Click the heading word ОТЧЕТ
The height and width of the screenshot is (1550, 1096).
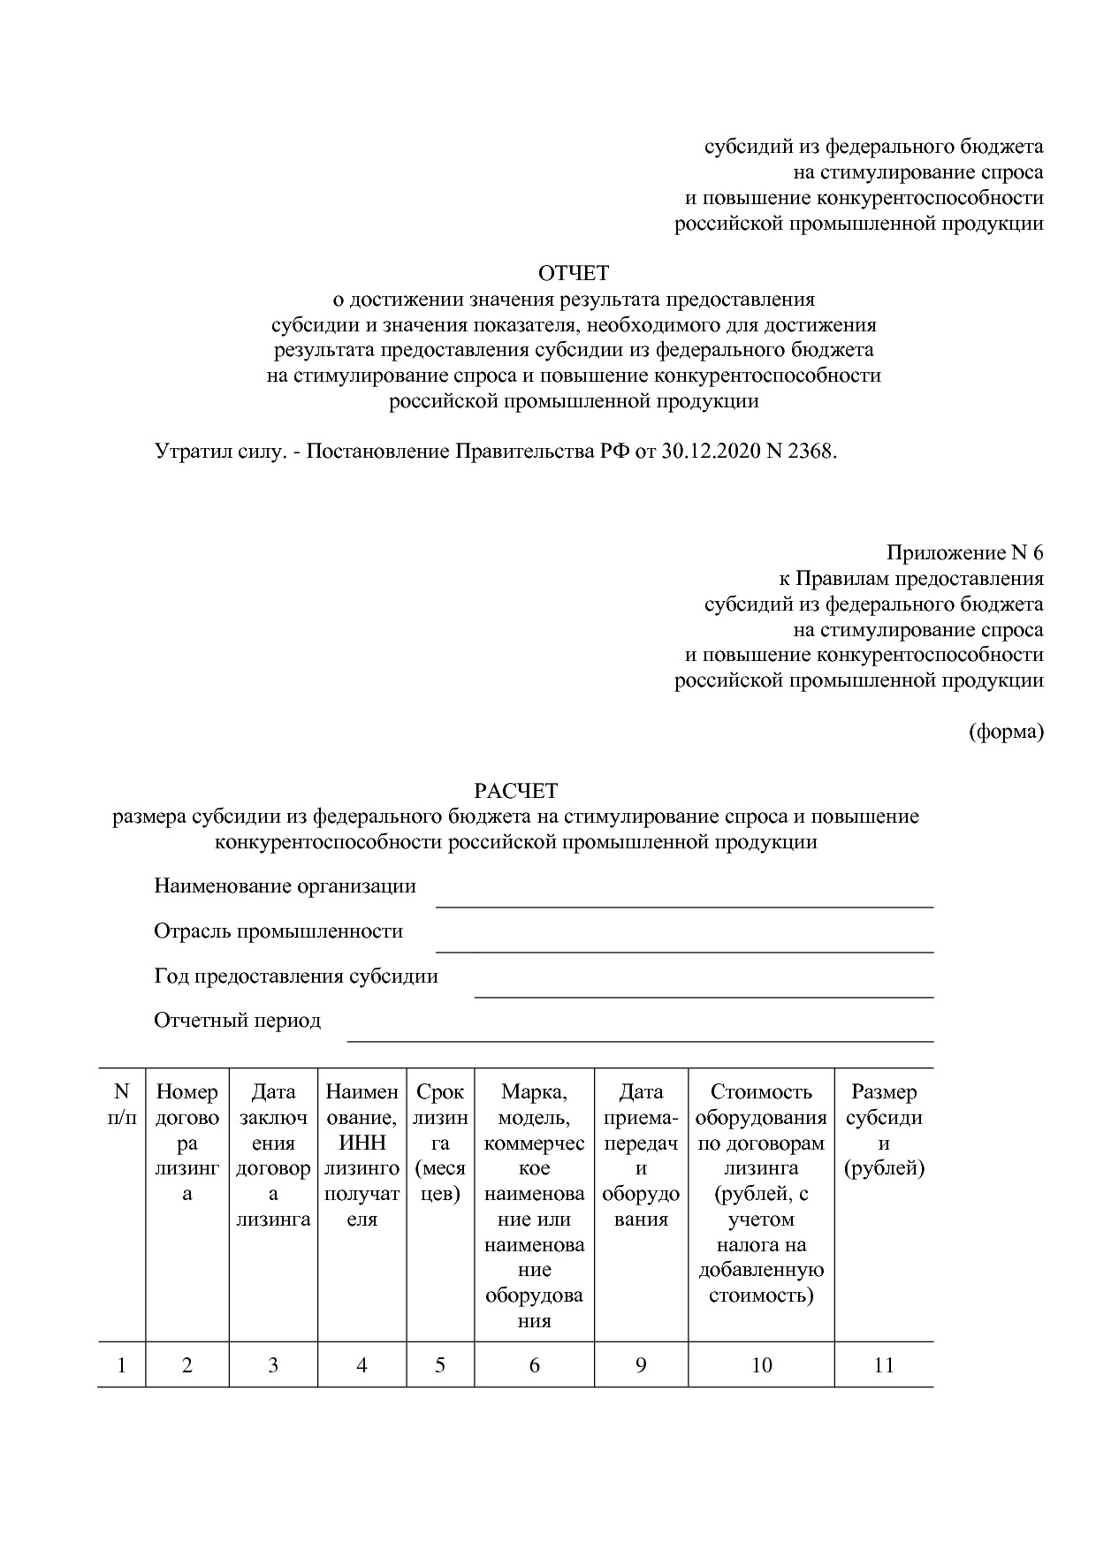click(x=574, y=273)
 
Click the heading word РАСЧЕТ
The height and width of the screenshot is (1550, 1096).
click(x=516, y=790)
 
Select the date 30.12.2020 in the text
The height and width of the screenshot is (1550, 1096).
click(x=709, y=452)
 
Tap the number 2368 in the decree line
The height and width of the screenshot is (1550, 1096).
click(x=810, y=452)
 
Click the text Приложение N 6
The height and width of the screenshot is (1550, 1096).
click(x=964, y=553)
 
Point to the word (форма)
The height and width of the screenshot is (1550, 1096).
click(x=1006, y=732)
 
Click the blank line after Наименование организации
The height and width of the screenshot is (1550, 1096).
click(x=684, y=898)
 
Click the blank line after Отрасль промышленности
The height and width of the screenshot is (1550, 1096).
click(x=684, y=943)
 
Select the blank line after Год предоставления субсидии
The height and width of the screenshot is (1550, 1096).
click(x=704, y=988)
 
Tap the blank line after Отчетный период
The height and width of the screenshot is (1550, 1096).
click(x=640, y=1032)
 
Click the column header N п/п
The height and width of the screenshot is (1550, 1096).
click(x=122, y=1105)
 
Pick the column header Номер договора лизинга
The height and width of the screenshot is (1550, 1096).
click(x=187, y=1143)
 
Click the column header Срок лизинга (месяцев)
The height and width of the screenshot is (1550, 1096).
click(x=440, y=1143)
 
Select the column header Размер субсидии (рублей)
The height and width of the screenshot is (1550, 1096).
click(x=884, y=1130)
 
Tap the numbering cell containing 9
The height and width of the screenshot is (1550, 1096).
click(x=641, y=1365)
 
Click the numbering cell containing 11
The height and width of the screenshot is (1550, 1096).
click(x=884, y=1365)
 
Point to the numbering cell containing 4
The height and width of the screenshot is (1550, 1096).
click(x=362, y=1365)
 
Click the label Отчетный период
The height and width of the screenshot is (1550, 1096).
click(x=237, y=1021)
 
